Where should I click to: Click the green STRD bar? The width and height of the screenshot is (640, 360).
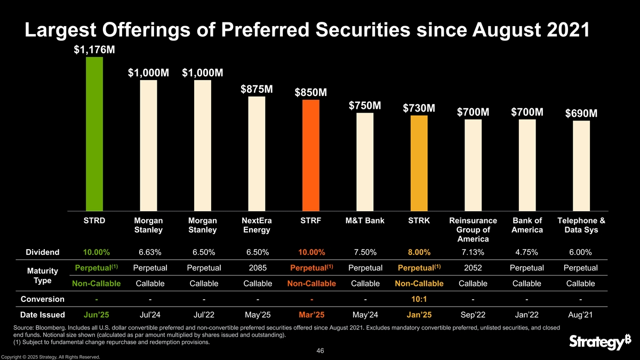[x=94, y=133]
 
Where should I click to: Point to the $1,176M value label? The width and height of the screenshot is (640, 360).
[x=94, y=50]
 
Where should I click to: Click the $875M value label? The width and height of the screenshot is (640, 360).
[x=257, y=89]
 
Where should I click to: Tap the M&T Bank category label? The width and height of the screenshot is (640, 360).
[x=365, y=221]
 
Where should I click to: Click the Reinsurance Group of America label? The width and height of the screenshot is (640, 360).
[x=473, y=230]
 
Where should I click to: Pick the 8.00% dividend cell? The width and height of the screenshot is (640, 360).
[x=419, y=252]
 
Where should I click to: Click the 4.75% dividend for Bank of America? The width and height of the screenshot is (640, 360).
[x=527, y=252]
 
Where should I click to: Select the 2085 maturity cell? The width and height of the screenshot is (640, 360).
[x=257, y=267]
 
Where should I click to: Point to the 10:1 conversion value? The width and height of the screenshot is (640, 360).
[x=419, y=299]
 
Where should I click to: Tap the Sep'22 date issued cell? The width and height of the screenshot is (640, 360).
[x=473, y=315]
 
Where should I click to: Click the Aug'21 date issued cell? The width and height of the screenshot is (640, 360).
[x=581, y=315]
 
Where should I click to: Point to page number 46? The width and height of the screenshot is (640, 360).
[x=319, y=350]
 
